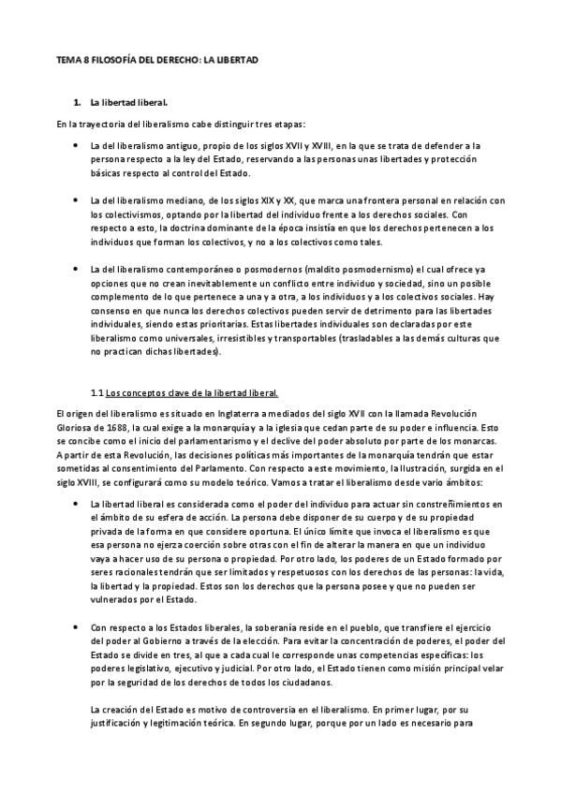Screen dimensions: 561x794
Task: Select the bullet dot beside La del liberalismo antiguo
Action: [76, 146]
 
